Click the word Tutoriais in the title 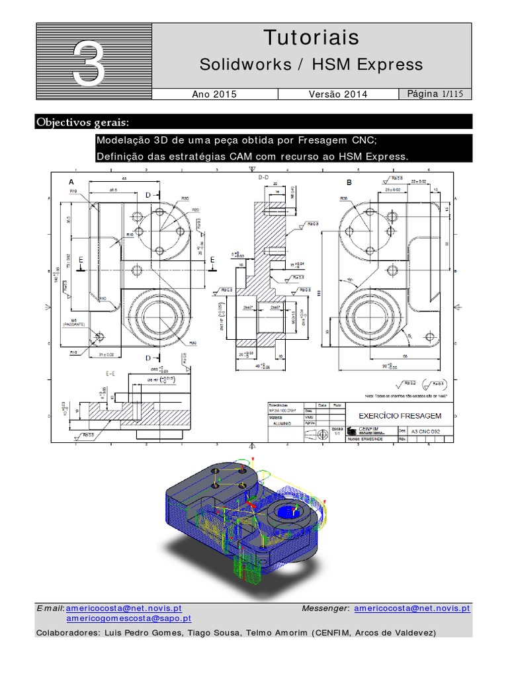coord(312,38)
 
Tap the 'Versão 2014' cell coord(338,95)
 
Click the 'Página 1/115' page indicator coord(439,95)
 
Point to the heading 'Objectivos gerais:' coord(83,122)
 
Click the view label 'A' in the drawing coord(71,182)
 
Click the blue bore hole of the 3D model coord(289,511)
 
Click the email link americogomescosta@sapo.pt coord(129,618)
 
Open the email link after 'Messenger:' coord(411,608)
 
